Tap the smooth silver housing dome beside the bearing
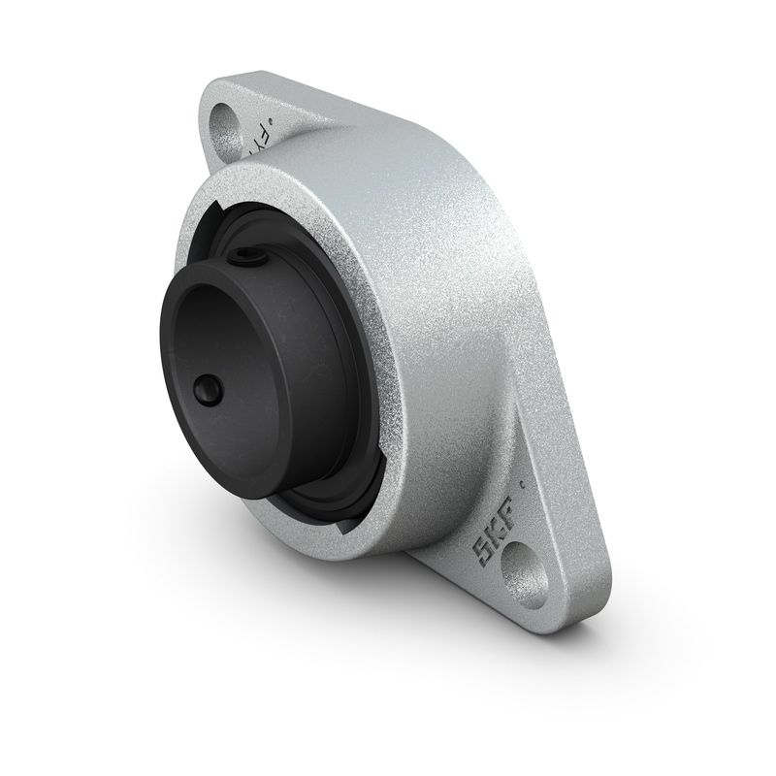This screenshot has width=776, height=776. tap(456, 291)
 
